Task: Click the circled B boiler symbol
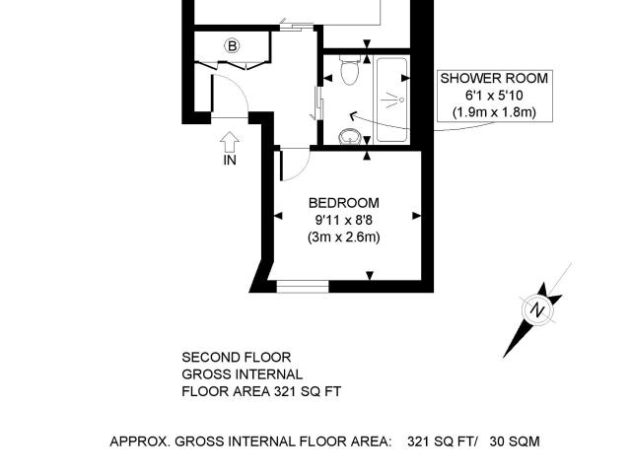click(233, 45)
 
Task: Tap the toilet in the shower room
click(347, 71)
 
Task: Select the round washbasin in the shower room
click(349, 136)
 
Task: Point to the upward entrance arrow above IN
click(229, 140)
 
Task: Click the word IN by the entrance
click(229, 161)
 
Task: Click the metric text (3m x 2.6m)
click(343, 236)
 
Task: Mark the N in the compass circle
click(538, 310)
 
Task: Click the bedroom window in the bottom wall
click(302, 287)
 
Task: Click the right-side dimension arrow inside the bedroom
click(416, 216)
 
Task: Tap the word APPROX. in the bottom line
click(139, 441)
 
